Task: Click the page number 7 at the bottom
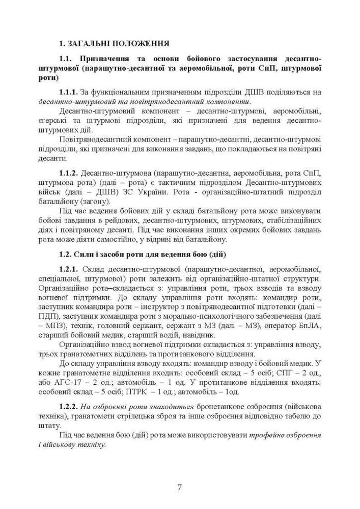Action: [x=180, y=487]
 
